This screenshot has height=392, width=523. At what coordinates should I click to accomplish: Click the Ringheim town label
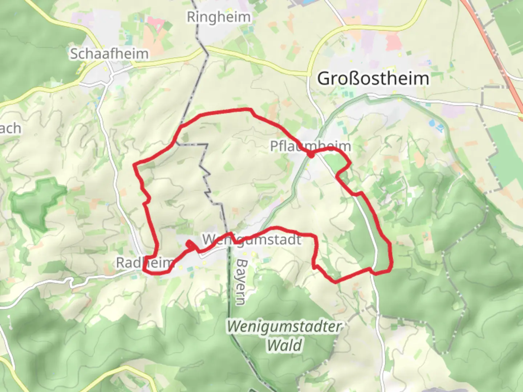pos(219,17)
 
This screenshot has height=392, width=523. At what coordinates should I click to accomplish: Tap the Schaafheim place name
pos(109,54)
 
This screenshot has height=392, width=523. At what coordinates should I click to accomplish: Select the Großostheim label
pos(373,79)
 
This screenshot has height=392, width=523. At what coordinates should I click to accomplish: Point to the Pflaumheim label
pos(311,146)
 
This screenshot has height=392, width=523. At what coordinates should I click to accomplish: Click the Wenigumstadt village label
pos(252,240)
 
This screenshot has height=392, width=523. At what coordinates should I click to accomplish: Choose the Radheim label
pos(143,262)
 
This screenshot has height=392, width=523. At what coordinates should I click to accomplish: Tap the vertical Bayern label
pos(241,282)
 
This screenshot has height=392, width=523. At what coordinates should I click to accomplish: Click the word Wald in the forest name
pos(284,345)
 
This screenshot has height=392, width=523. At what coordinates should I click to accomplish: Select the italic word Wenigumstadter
pos(284,327)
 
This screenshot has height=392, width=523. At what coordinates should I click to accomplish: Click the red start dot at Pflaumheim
pos(311,155)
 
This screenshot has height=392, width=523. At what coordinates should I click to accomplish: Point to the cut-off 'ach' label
pos(10,128)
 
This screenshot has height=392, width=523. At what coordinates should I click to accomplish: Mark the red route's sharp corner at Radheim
pos(144,270)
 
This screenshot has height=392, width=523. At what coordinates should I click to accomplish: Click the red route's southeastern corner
pos(391,269)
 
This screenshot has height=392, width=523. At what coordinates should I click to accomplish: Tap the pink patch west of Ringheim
pos(156,23)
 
